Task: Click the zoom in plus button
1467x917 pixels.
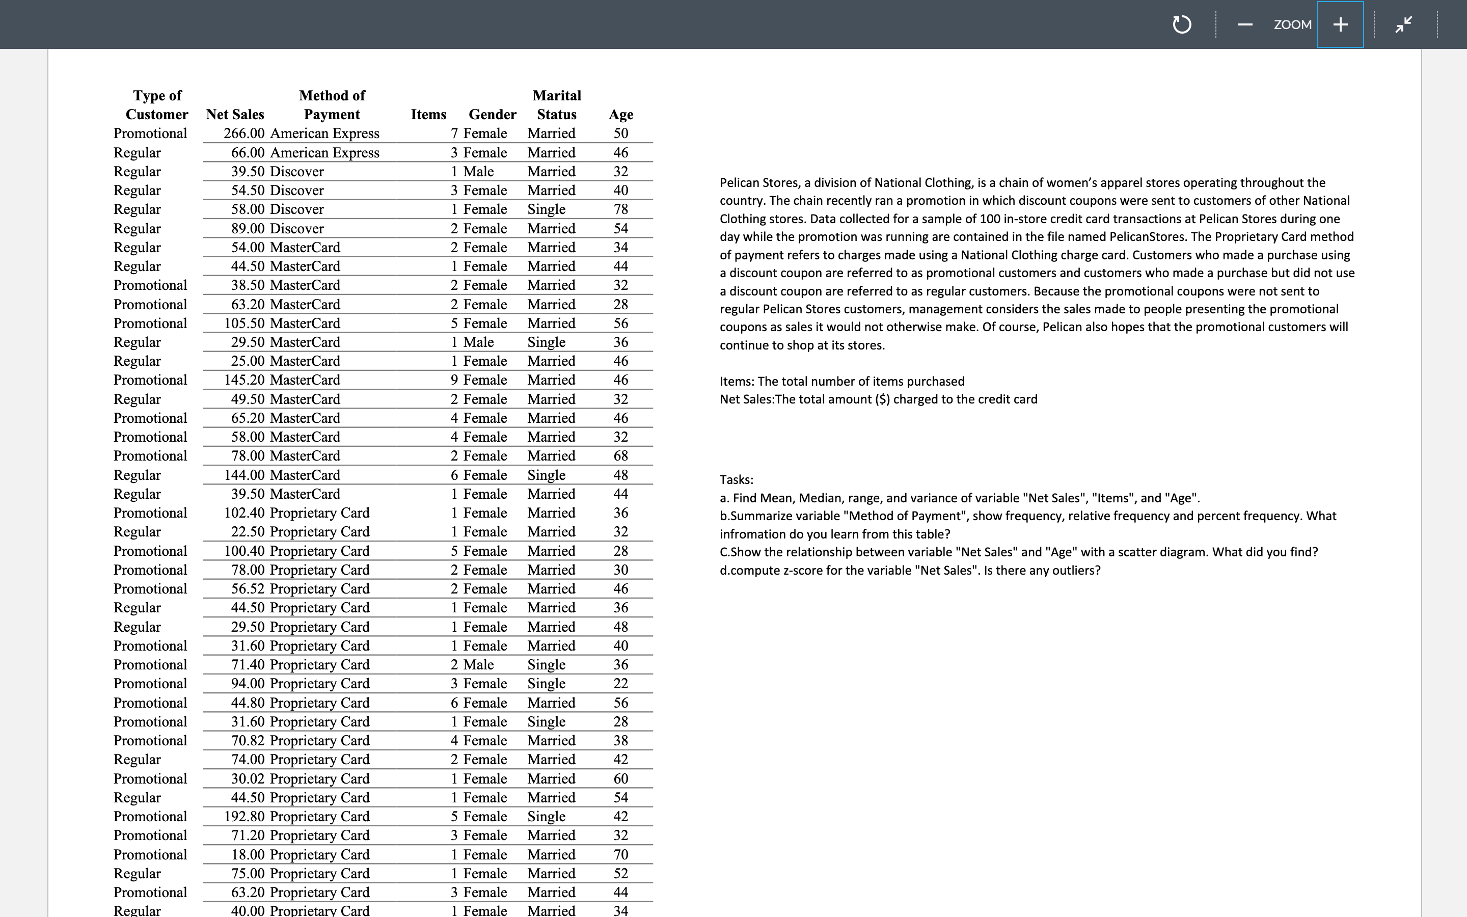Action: tap(1340, 24)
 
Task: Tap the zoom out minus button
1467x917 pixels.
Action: tap(1245, 24)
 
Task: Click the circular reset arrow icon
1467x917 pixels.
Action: tap(1181, 25)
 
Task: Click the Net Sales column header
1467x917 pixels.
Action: tap(235, 115)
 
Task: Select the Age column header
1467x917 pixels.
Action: tap(621, 115)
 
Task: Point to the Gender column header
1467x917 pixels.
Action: tap(492, 115)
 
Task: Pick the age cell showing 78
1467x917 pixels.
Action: tap(621, 209)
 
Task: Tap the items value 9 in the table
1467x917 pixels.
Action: tap(454, 380)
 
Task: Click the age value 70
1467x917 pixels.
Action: tap(621, 854)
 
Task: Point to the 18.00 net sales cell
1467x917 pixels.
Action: tap(248, 854)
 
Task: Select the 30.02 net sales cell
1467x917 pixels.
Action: tap(248, 779)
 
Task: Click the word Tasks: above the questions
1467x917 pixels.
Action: tap(736, 480)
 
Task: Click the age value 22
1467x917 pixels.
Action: tap(621, 684)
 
